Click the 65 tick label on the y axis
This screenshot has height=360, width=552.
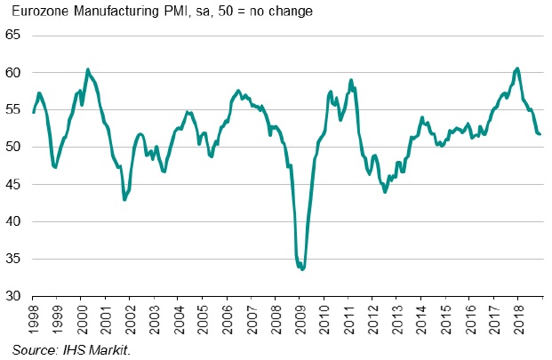(x=14, y=36)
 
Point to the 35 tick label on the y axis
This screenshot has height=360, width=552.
(x=14, y=260)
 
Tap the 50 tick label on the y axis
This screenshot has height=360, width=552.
(x=14, y=148)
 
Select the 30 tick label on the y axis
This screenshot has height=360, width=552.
(x=14, y=297)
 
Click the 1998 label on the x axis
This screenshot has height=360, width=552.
(x=33, y=315)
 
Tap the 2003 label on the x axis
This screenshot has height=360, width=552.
(x=154, y=315)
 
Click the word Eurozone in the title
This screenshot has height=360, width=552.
(x=37, y=12)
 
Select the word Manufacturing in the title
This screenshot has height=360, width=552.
(x=111, y=12)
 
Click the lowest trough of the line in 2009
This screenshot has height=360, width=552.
(x=302, y=268)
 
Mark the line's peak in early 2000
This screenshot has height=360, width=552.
(x=87, y=69)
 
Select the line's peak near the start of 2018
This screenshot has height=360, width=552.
(x=517, y=68)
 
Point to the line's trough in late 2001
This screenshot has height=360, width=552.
(x=124, y=200)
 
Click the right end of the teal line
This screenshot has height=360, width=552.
(x=540, y=134)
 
